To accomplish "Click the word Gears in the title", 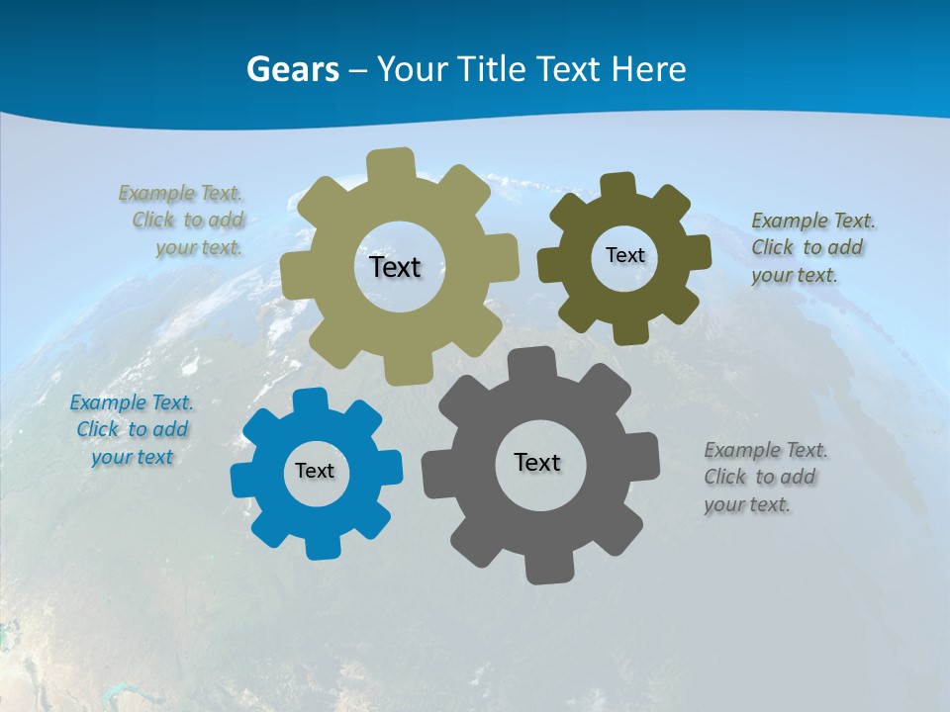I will click(291, 69).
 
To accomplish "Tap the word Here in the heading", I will click(648, 69).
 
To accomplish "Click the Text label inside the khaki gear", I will click(395, 267).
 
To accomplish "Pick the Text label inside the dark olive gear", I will click(624, 255).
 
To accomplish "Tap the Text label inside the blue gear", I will click(315, 471).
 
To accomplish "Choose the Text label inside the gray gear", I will click(537, 462).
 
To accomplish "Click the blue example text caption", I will click(132, 430).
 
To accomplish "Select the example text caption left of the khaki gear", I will click(183, 221).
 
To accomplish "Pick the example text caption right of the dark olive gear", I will click(811, 248).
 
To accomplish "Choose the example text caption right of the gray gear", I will click(764, 478).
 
